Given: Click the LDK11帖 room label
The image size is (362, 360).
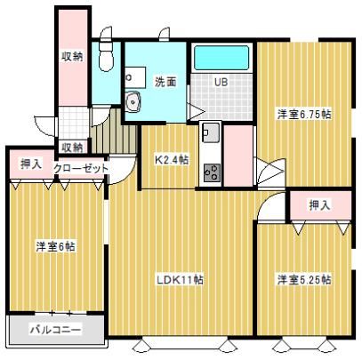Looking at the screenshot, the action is [x=180, y=279].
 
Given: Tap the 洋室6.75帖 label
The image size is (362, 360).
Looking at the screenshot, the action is [x=304, y=114].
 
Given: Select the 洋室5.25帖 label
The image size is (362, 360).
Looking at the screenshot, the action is [x=304, y=279].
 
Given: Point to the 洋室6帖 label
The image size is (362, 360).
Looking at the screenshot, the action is [x=55, y=246].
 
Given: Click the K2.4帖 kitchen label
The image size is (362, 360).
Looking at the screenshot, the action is [x=172, y=160].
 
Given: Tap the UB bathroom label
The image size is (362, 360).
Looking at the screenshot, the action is [x=221, y=82].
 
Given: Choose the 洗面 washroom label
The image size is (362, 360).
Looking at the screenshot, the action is [x=165, y=82].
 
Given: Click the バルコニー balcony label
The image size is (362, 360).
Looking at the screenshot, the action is [x=55, y=330].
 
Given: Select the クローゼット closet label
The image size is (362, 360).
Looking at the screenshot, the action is [x=81, y=168].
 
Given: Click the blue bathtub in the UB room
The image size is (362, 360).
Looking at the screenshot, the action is [x=221, y=58].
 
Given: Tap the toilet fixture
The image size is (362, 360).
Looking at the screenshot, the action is [x=106, y=56].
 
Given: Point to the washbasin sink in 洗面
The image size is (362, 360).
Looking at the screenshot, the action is [x=133, y=101].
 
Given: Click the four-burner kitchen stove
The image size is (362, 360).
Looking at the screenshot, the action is [x=212, y=172].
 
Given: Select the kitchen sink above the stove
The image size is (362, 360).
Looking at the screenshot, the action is [x=211, y=132].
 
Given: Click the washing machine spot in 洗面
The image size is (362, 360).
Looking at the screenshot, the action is [x=135, y=77].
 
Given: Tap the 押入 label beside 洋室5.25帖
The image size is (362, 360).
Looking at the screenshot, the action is [x=319, y=205].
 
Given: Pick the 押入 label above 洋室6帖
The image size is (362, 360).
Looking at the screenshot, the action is [x=31, y=164].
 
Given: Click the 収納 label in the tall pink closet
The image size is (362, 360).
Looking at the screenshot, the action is [x=72, y=56].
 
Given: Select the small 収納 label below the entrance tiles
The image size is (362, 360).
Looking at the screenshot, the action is [x=72, y=148].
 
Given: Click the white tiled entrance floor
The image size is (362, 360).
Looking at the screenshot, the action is [x=74, y=123].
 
